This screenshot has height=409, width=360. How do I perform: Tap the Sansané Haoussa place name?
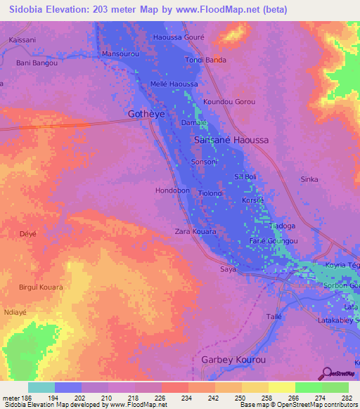coord(231,140)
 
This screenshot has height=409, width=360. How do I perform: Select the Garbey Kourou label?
coord(234,360)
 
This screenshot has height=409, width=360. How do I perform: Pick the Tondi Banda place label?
coord(205,60)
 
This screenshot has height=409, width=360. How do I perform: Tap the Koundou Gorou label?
coord(229,102)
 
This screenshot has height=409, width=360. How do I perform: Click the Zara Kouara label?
coord(195,231)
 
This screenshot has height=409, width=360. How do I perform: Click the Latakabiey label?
coord(337,320)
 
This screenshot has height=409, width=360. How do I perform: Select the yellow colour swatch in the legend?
coord(281,388)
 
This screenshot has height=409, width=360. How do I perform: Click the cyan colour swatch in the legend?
coord(41,388)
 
